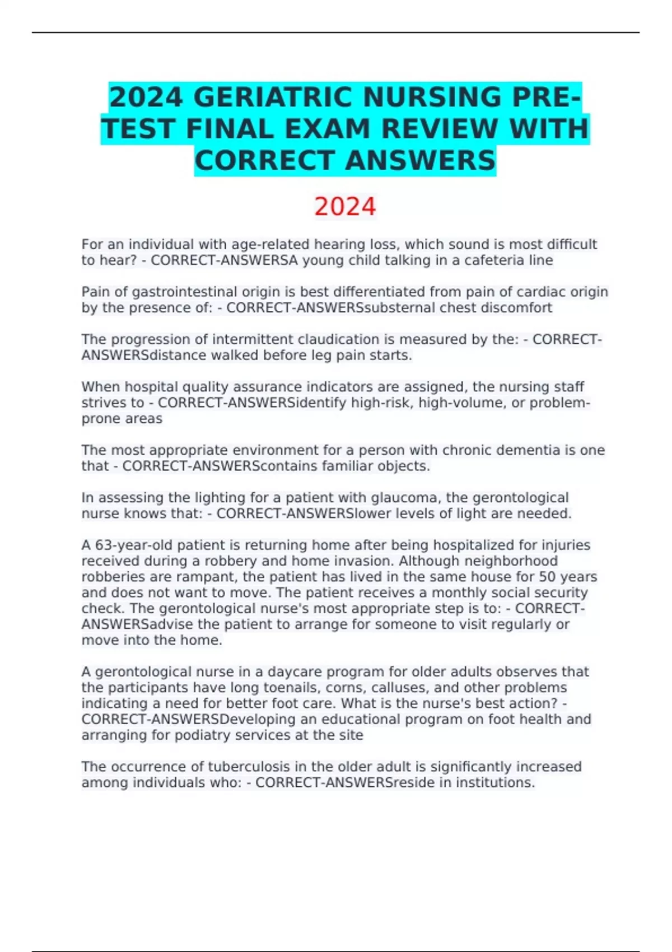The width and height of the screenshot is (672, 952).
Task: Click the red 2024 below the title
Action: pos(344,207)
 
